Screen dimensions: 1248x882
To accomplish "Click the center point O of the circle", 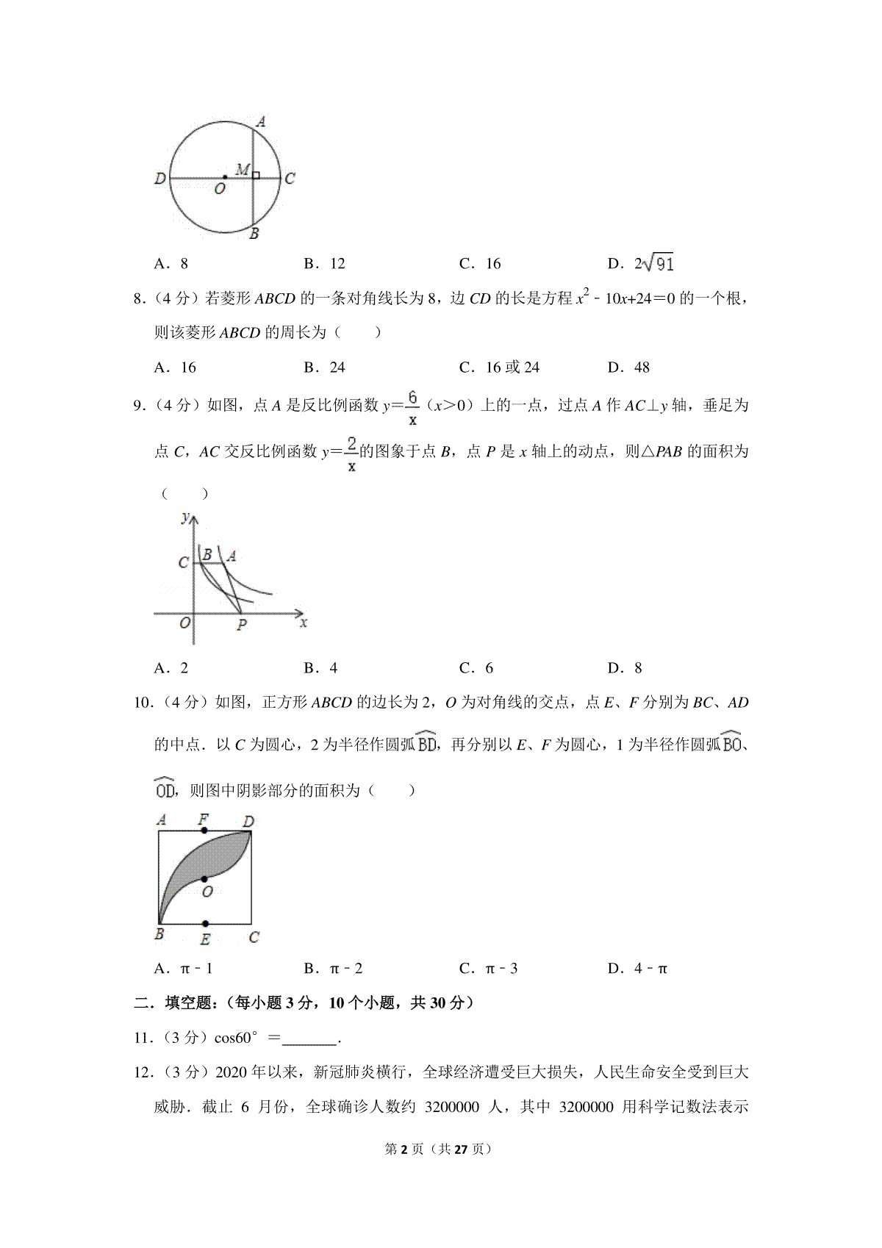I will (x=225, y=177).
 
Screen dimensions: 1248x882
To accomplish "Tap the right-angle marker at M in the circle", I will (x=256, y=175).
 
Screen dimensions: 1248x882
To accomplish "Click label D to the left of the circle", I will (x=160, y=179).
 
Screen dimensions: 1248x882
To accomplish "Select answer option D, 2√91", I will (x=640, y=263).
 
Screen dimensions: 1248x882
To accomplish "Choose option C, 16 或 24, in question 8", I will (x=499, y=367).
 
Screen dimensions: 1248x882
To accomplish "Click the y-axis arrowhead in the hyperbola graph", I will (x=193, y=519).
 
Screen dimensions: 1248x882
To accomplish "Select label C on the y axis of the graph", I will (x=183, y=564).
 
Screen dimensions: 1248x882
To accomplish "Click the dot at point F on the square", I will (x=204, y=831).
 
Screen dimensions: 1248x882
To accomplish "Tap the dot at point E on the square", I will (x=205, y=924).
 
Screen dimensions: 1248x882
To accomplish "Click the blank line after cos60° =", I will (x=309, y=1039).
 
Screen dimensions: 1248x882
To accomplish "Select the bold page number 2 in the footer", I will (x=404, y=1150).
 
